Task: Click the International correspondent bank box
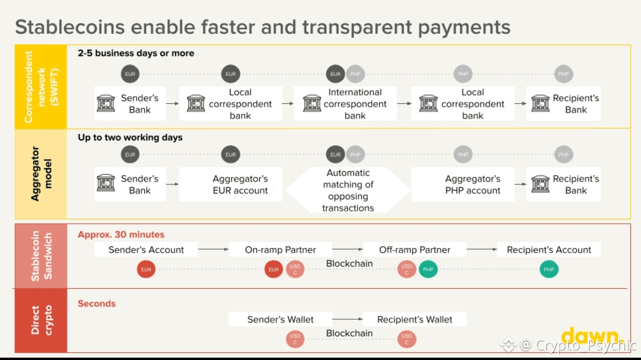(x=345, y=103)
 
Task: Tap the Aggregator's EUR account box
(x=230, y=184)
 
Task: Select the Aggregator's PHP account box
(x=463, y=184)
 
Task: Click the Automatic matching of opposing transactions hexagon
(x=348, y=190)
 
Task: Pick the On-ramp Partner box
(x=280, y=250)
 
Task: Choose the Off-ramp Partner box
(x=414, y=250)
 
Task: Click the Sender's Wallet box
(x=280, y=319)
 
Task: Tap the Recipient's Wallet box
(x=414, y=319)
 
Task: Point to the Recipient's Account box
(x=548, y=250)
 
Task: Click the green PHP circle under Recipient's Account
(x=548, y=269)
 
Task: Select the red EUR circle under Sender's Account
(x=146, y=269)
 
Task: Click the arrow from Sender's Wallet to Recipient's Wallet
(x=347, y=318)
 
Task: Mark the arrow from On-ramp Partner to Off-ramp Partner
(x=347, y=249)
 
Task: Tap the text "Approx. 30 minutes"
(x=121, y=234)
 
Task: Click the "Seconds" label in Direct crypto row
(x=97, y=304)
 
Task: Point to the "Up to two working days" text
(x=130, y=138)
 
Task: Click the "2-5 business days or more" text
(x=136, y=53)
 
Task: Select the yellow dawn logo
(x=592, y=336)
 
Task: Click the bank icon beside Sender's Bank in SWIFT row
(x=106, y=103)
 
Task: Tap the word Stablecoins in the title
(x=70, y=27)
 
